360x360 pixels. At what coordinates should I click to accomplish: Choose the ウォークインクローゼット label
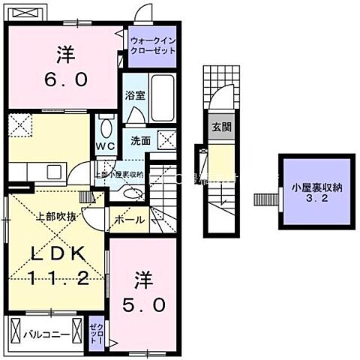click(152, 44)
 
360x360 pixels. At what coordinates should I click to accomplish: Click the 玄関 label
click(220, 127)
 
